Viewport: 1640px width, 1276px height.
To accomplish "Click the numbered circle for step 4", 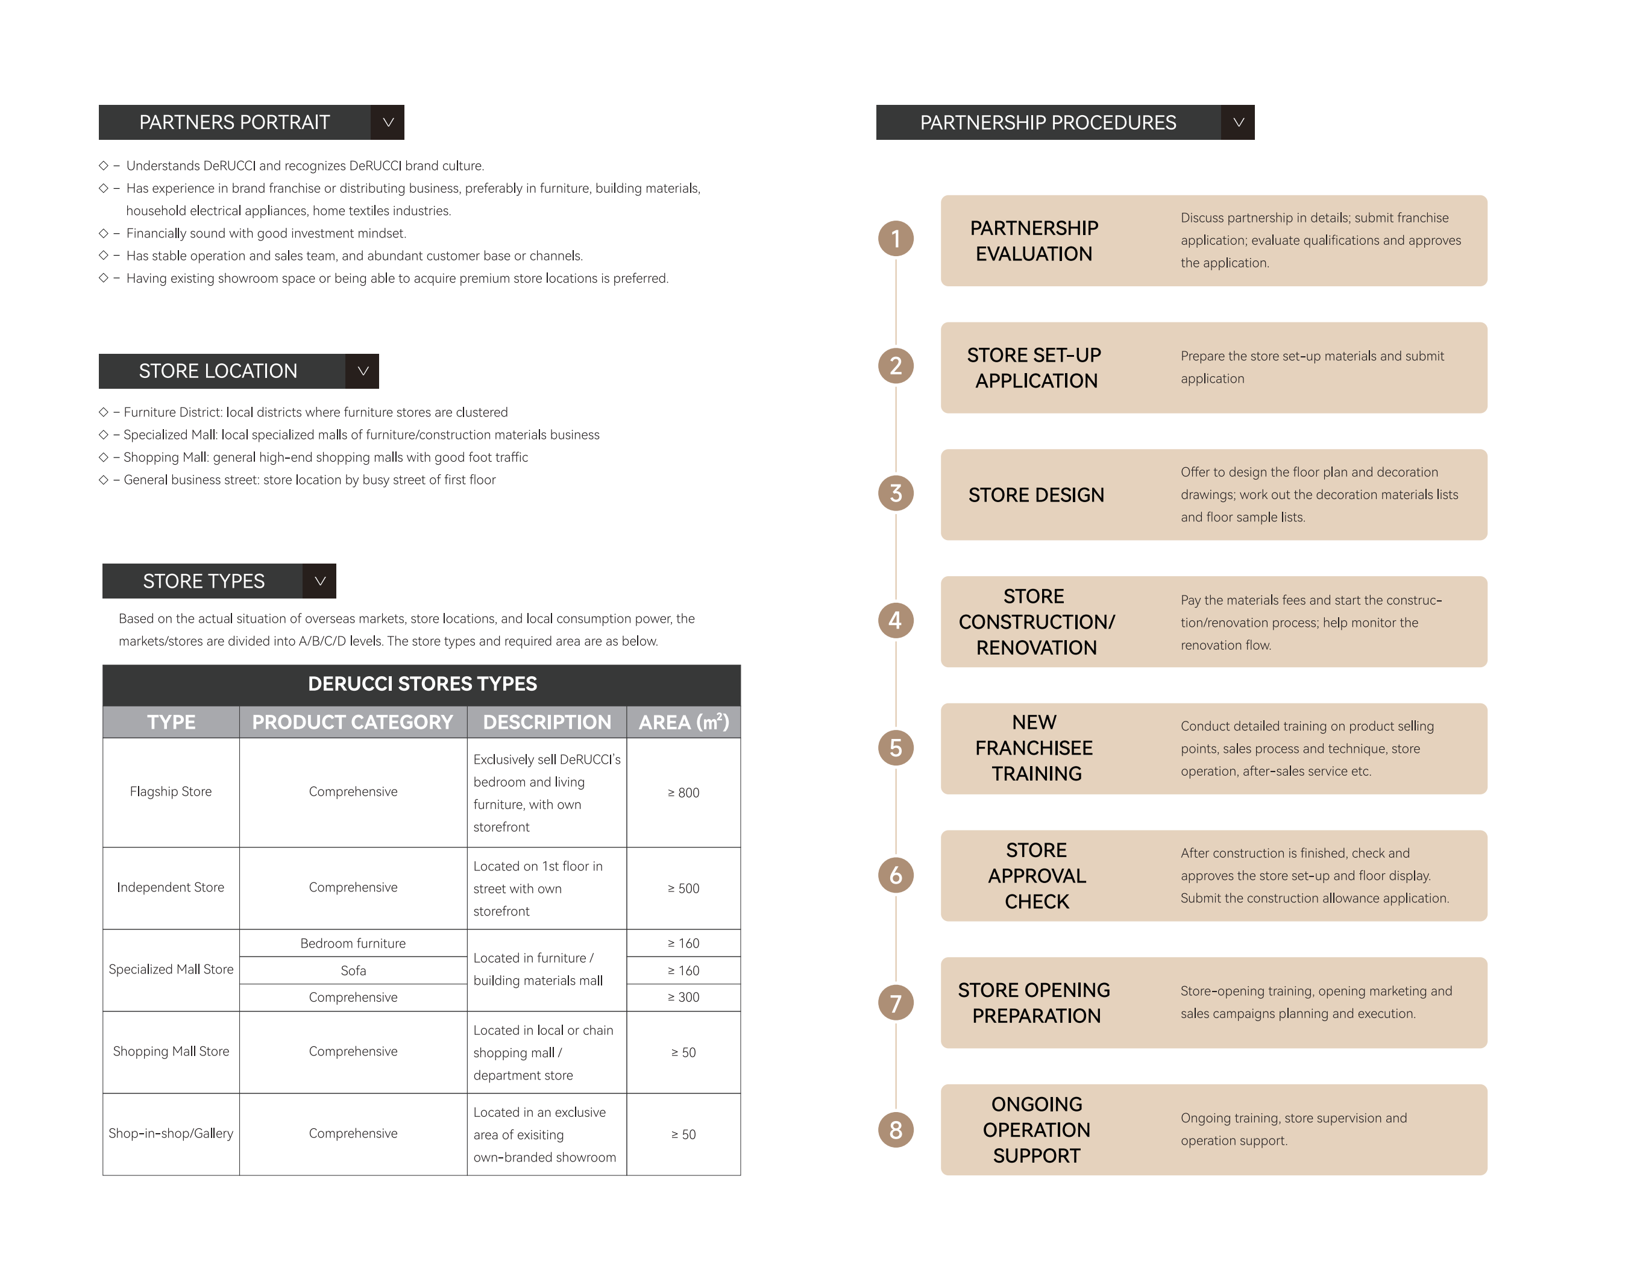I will pyautogui.click(x=895, y=620).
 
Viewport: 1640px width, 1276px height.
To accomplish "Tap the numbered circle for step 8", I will pyautogui.click(x=895, y=1130).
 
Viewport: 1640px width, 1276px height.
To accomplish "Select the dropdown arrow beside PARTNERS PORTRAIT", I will pyautogui.click(x=388, y=122).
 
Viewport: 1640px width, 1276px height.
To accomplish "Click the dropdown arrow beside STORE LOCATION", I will pyautogui.click(x=363, y=371).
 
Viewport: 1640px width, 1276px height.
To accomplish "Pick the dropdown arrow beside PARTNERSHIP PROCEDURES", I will pyautogui.click(x=1238, y=122).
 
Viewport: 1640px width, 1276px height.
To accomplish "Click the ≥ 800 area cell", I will pyautogui.click(x=683, y=793).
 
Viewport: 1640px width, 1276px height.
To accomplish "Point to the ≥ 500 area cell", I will pyautogui.click(x=683, y=888).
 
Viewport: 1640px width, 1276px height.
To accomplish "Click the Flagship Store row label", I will pyautogui.click(x=171, y=791).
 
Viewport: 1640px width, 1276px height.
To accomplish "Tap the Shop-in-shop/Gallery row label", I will pyautogui.click(x=171, y=1133).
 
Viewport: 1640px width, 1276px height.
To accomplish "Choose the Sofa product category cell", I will pyautogui.click(x=353, y=970).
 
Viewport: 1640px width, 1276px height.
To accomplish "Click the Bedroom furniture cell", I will pyautogui.click(x=353, y=943).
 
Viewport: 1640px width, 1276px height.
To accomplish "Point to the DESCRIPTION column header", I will pyautogui.click(x=547, y=721).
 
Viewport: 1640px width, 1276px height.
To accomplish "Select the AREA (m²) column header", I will pyautogui.click(x=683, y=721).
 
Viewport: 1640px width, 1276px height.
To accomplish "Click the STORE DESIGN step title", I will pyautogui.click(x=1036, y=495).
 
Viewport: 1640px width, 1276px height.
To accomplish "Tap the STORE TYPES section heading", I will pyautogui.click(x=204, y=581).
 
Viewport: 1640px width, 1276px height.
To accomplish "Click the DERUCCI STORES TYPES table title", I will pyautogui.click(x=422, y=684).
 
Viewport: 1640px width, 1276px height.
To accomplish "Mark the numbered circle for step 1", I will pyautogui.click(x=895, y=239).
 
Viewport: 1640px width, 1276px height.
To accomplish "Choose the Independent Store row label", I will pyautogui.click(x=171, y=888).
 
